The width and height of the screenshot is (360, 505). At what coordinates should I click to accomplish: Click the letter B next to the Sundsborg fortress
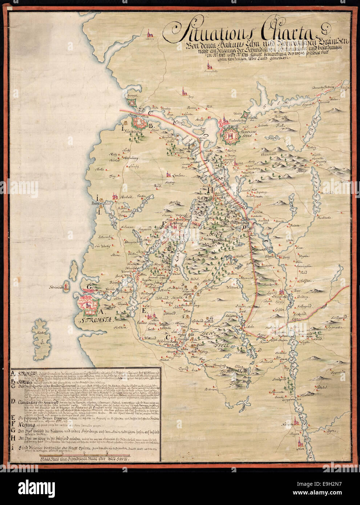(x=149, y=126)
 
